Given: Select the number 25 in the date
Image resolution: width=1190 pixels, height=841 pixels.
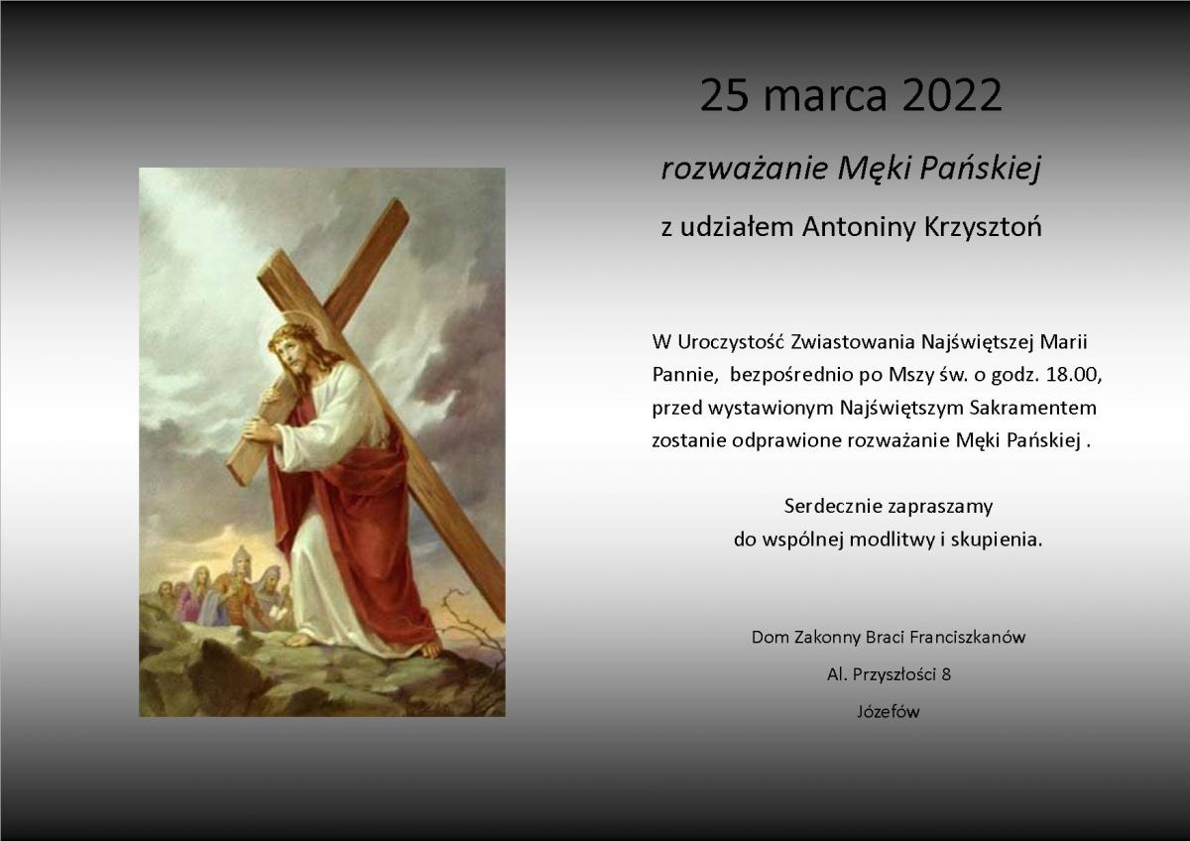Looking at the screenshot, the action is pyautogui.click(x=724, y=95).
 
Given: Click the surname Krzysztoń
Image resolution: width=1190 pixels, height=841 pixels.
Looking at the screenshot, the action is pyautogui.click(x=983, y=227).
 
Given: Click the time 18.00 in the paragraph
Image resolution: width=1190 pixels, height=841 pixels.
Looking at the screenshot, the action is pyautogui.click(x=1074, y=375).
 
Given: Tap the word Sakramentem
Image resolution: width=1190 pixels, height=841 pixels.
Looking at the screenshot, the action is pyautogui.click(x=1032, y=408).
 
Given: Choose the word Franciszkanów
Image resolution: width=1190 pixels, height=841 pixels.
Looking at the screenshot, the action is pyautogui.click(x=968, y=637).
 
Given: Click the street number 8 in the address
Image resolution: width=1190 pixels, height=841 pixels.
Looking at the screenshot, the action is pyautogui.click(x=946, y=674).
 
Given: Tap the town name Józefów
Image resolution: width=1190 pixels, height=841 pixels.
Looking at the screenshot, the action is pyautogui.click(x=889, y=711).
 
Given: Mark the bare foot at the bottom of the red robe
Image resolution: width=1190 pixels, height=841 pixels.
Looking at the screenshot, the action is pyautogui.click(x=429, y=649).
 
